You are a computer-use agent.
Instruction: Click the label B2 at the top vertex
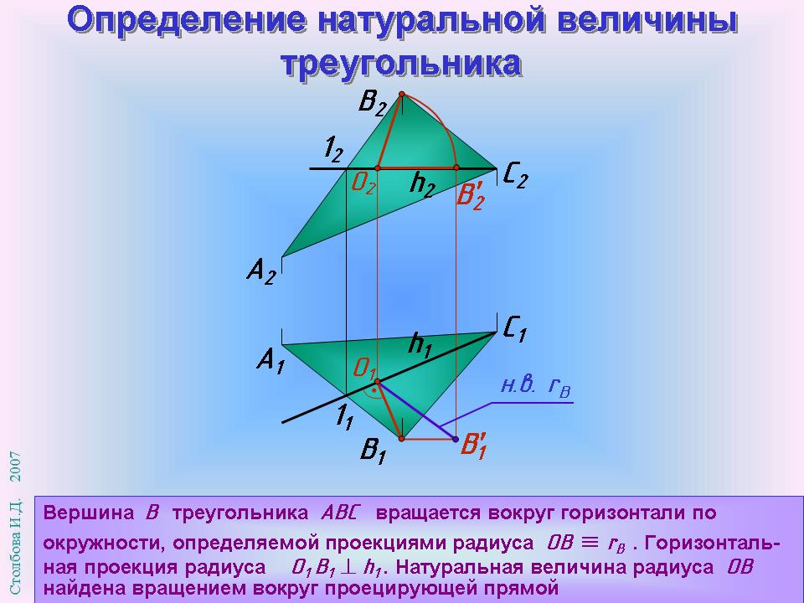(372, 102)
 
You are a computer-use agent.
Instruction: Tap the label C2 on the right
(515, 177)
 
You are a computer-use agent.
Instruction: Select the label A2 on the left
(261, 271)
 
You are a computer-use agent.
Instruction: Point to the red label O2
(363, 183)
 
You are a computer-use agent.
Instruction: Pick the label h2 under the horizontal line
(422, 183)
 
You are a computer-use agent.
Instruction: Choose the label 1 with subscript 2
(334, 150)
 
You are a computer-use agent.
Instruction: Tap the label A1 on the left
(271, 361)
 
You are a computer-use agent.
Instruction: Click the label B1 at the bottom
(373, 451)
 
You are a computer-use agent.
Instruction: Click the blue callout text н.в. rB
(536, 386)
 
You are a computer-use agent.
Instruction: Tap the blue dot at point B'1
(456, 439)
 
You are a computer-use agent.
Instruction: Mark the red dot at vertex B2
(401, 94)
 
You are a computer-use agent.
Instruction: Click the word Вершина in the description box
(88, 513)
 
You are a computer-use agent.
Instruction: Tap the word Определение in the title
(187, 20)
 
